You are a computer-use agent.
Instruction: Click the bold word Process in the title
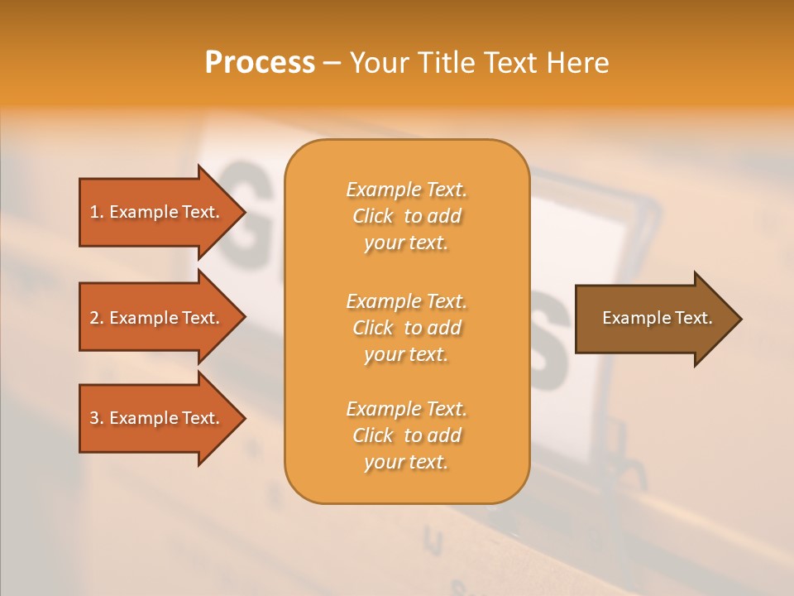(260, 63)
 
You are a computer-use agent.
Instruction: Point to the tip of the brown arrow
(739, 319)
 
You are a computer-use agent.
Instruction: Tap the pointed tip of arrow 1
(242, 212)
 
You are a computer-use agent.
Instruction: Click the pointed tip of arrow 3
(242, 418)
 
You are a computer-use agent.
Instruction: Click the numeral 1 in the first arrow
(94, 212)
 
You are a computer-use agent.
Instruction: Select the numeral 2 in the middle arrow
(94, 318)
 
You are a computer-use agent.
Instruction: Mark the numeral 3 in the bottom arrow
(94, 418)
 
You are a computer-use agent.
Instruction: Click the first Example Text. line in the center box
(406, 190)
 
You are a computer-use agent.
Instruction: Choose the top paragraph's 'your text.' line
(406, 243)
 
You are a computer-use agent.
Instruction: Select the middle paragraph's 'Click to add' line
(406, 328)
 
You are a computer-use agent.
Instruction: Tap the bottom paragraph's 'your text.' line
(406, 463)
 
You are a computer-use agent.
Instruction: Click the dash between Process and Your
(332, 64)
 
